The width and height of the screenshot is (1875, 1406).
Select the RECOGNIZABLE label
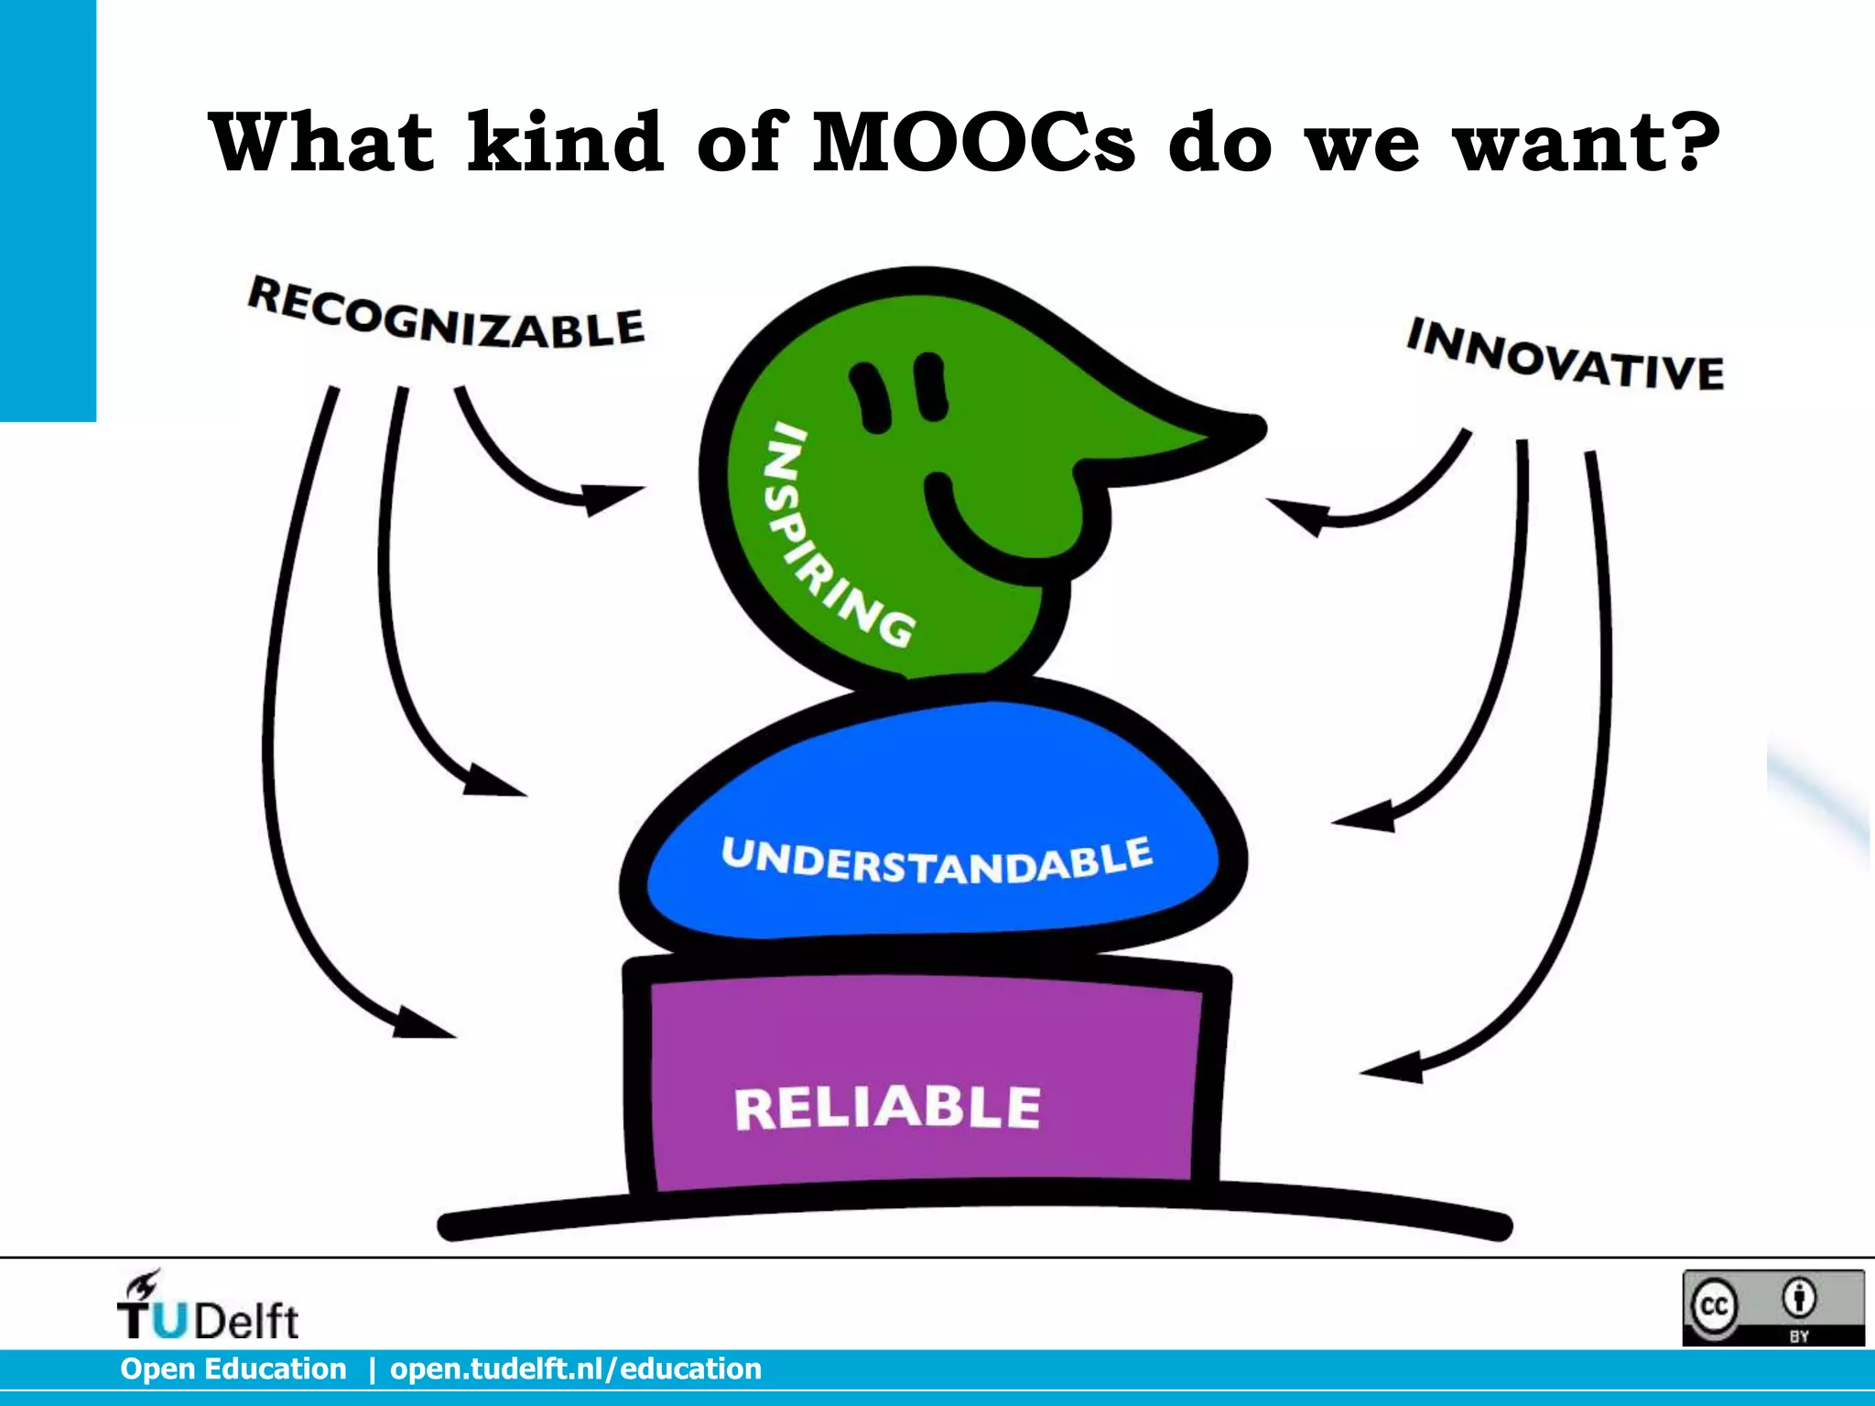tap(446, 314)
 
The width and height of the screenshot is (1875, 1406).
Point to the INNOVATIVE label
tap(1566, 355)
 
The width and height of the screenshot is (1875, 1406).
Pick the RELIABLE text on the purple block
tap(887, 1108)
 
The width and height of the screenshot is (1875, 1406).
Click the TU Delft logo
tap(208, 1307)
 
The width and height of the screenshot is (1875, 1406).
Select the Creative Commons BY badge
tap(1772, 1307)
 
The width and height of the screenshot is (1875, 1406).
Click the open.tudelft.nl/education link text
tap(576, 1368)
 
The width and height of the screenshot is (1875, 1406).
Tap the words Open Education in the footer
tap(233, 1368)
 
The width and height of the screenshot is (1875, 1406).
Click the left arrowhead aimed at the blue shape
tap(494, 781)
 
